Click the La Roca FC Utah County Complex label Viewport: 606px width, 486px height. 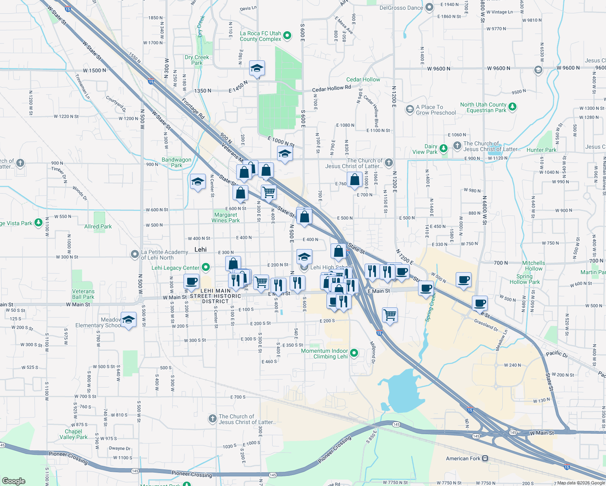(260, 36)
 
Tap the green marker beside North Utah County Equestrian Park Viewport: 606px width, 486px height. (512, 107)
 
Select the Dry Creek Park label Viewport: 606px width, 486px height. (197, 60)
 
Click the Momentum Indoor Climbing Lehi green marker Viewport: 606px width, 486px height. (354, 353)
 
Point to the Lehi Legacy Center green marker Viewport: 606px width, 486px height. (206, 267)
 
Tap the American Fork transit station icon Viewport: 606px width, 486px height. (485, 458)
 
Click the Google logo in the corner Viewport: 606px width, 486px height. (13, 481)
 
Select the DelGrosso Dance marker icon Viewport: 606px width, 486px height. (430, 7)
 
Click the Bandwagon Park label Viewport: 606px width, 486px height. (176, 162)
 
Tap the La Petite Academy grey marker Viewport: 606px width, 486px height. (135, 254)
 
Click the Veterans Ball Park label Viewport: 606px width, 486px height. (83, 294)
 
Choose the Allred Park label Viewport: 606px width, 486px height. (98, 226)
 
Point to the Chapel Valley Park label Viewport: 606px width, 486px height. (73, 434)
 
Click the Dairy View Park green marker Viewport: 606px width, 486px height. (444, 149)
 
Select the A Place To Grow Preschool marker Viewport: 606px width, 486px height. (410, 109)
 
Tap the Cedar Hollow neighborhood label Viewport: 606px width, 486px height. (363, 79)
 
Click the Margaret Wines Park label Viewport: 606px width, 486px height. (226, 217)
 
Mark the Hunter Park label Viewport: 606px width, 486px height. (542, 150)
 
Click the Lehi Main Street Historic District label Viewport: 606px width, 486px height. (216, 296)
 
